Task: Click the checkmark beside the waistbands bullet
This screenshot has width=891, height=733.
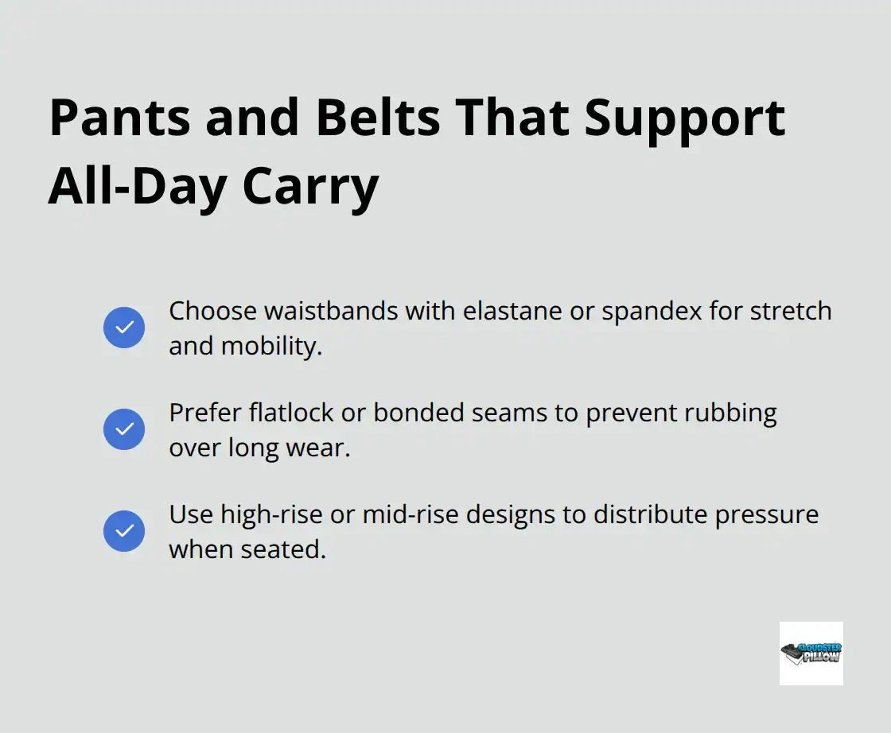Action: [x=124, y=328]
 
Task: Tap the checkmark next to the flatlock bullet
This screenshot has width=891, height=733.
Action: [x=124, y=429]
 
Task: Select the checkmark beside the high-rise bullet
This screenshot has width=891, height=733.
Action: [x=124, y=531]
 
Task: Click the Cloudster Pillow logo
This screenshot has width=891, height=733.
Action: [x=811, y=653]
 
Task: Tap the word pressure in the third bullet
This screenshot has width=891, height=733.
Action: [x=766, y=514]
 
